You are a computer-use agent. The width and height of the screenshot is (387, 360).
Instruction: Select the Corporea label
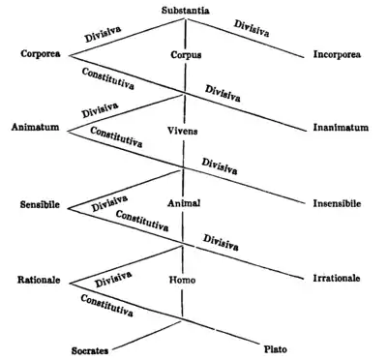(x=41, y=54)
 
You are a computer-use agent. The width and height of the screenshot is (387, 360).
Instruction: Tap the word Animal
(x=184, y=203)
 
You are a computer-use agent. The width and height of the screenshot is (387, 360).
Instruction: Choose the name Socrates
(x=93, y=346)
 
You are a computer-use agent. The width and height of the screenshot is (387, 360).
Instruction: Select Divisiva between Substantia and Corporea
(x=107, y=31)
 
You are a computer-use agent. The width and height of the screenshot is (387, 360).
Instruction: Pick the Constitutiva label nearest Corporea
(x=108, y=76)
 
